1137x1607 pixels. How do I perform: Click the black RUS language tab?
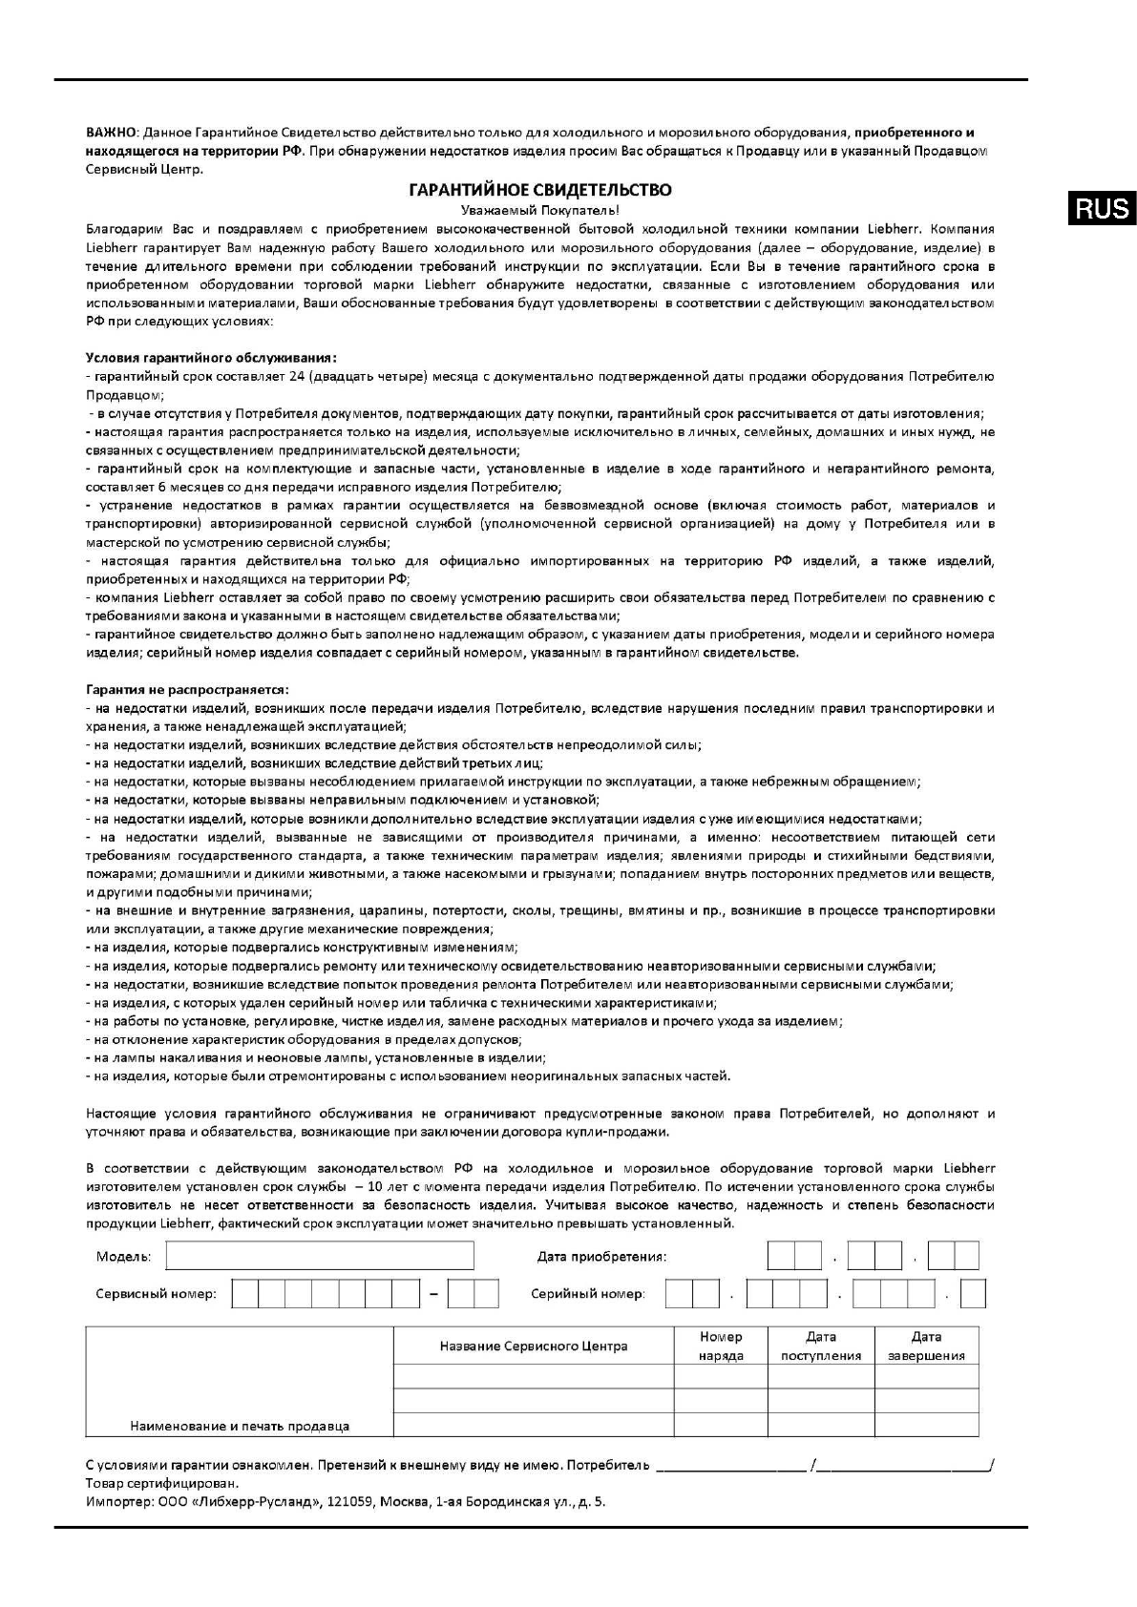1103,208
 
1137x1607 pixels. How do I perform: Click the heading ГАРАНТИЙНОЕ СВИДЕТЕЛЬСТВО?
539,190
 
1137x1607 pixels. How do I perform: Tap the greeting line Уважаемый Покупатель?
539,209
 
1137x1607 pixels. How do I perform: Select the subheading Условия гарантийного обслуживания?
211,358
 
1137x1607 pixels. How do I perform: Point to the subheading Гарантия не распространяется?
187,689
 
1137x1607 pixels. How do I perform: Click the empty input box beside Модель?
320,1256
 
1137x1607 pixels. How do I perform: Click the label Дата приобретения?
601,1257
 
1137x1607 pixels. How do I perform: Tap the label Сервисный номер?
156,1295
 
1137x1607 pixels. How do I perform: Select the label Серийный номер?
587,1295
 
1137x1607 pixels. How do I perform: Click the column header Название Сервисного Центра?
534,1346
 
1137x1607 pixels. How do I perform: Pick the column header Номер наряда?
721,1346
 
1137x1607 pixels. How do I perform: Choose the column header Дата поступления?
821,1346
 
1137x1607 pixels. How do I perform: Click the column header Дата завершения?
926,1346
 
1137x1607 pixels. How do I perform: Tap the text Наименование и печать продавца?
240,1426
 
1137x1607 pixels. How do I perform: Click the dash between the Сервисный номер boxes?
433,1295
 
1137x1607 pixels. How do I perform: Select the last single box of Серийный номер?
973,1294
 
